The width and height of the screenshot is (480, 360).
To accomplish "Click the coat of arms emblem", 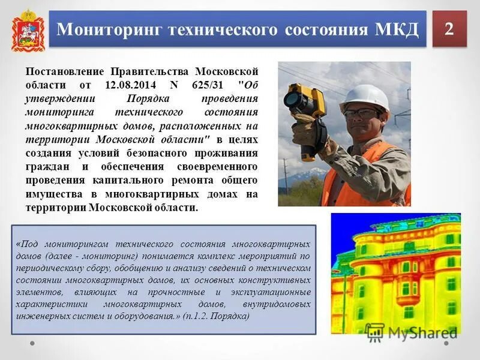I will [25, 29].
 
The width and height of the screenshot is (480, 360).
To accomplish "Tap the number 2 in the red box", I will [449, 28].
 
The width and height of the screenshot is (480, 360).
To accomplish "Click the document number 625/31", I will [206, 85].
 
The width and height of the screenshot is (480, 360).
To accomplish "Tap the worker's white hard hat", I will [364, 95].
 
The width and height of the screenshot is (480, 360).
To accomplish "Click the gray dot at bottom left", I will [33, 344].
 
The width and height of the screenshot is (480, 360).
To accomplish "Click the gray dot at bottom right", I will [446, 344].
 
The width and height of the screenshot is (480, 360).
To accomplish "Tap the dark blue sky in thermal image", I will [348, 225].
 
